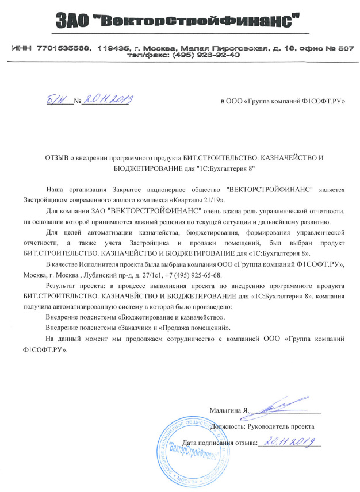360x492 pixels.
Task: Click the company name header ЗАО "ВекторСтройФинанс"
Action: [179, 22]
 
